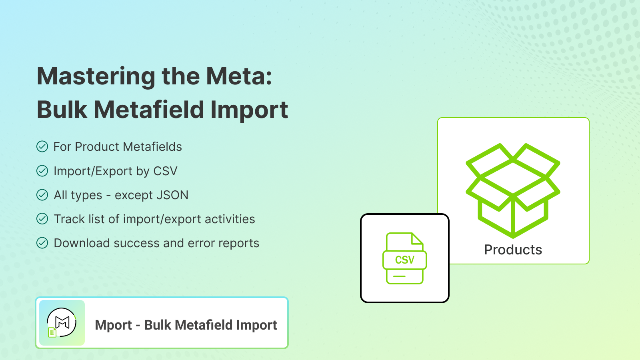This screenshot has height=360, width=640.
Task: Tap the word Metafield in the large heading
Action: pos(149,110)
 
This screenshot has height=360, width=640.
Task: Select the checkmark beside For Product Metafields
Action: pos(42,146)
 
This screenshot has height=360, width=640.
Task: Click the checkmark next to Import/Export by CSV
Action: pos(42,171)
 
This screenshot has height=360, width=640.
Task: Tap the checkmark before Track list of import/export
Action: pos(42,219)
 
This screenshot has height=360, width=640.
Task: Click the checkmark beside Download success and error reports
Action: pos(42,243)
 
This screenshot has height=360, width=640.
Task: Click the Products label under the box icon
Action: pos(513,250)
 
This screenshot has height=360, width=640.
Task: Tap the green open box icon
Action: pos(513,190)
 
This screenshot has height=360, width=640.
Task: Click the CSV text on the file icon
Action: pos(404,260)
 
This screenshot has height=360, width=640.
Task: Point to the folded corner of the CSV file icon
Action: pos(417,239)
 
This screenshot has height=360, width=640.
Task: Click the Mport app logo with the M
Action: pos(62,323)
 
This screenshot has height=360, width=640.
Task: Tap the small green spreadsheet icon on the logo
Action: pos(52,332)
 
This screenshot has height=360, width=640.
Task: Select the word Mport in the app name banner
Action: pos(114,325)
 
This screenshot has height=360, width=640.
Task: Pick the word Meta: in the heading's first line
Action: pos(239,76)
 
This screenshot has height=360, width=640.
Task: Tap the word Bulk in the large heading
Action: pos(62,110)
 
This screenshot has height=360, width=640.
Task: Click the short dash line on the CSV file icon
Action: pos(399,276)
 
